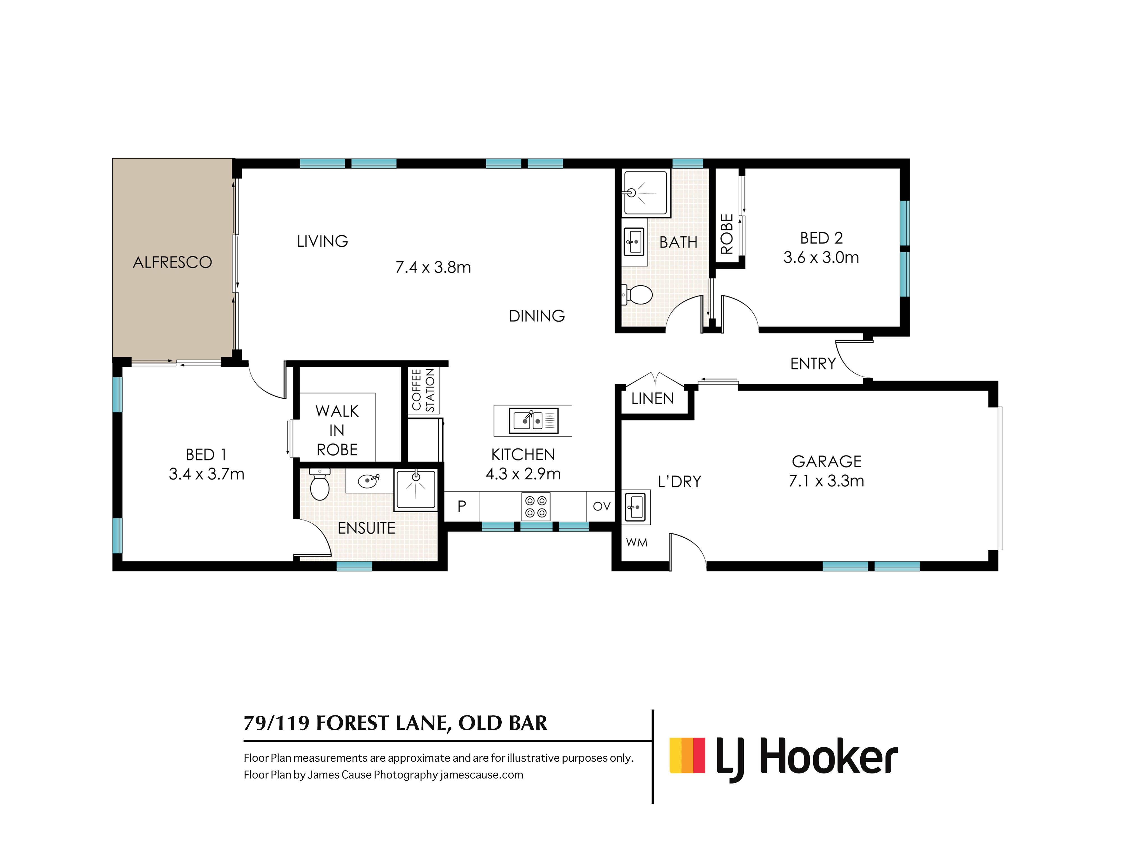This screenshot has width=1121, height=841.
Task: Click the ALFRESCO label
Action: click(x=172, y=262)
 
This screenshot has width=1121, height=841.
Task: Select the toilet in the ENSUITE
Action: click(x=320, y=486)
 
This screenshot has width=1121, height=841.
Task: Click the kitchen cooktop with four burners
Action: click(x=536, y=507)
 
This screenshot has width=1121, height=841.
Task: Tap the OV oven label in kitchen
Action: click(x=601, y=506)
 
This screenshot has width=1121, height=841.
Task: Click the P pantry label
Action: click(x=462, y=506)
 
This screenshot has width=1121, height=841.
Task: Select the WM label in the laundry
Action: click(x=636, y=542)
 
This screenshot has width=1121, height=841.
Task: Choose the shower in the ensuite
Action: click(x=416, y=489)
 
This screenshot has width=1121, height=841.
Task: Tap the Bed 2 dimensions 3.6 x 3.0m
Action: click(x=821, y=258)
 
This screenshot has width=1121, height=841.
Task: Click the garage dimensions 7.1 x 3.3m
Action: click(x=826, y=480)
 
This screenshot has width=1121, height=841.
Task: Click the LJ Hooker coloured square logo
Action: click(x=687, y=755)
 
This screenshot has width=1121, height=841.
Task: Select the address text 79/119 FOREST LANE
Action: click(x=395, y=723)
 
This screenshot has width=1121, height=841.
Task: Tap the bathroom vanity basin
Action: click(x=633, y=242)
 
